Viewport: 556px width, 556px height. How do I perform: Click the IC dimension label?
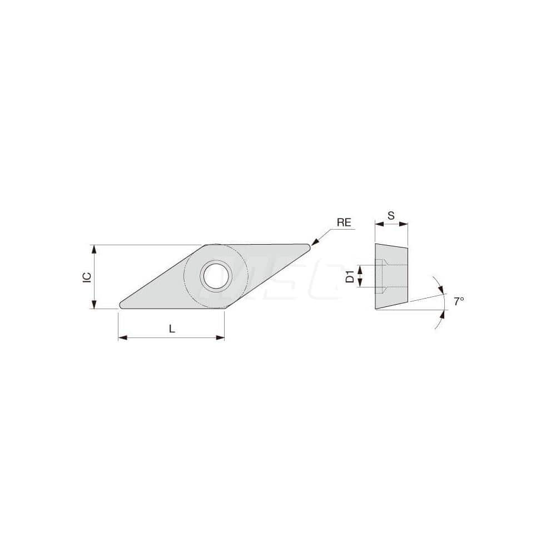pyautogui.click(x=87, y=277)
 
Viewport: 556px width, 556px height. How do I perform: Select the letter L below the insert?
pyautogui.click(x=172, y=329)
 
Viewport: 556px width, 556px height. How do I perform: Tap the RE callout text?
pyautogui.click(x=344, y=222)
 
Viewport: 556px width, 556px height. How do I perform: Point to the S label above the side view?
pyautogui.click(x=391, y=215)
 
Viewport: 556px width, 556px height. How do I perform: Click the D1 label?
pyautogui.click(x=350, y=276)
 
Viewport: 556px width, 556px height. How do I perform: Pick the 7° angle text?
pyautogui.click(x=458, y=301)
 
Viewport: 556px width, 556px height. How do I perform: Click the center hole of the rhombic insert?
pyautogui.click(x=216, y=275)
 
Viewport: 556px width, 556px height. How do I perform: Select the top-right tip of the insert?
pyautogui.click(x=308, y=246)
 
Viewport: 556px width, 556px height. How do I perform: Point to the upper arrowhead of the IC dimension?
pyautogui.click(x=94, y=248)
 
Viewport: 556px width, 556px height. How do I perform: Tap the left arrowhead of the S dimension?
pyautogui.click(x=378, y=225)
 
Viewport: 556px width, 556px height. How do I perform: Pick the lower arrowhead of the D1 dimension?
pyautogui.click(x=359, y=284)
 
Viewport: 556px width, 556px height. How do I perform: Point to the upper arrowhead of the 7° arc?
pyautogui.click(x=441, y=289)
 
